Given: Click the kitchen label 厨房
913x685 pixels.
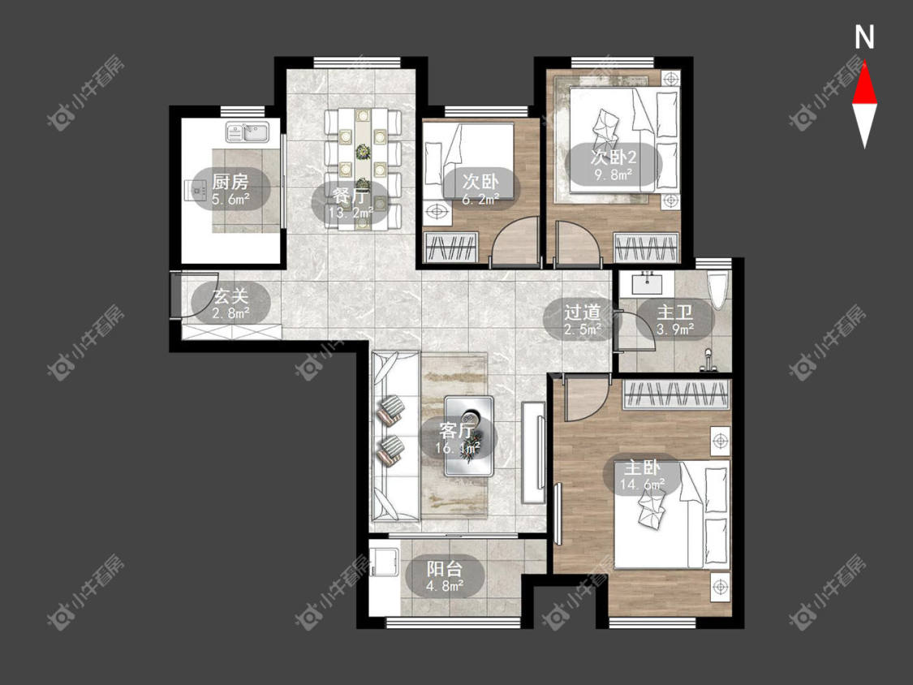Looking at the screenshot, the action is (x=230, y=181).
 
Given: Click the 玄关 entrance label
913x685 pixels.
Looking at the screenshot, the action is (x=230, y=296).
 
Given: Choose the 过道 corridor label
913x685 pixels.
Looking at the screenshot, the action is (x=582, y=312).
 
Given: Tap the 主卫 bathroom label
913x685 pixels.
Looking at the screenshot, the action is (x=675, y=312).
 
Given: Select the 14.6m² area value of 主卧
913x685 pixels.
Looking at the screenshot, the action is (x=642, y=484).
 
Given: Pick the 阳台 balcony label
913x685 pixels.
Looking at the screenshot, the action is (x=444, y=568).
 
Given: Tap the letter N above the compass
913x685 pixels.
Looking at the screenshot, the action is (x=864, y=37).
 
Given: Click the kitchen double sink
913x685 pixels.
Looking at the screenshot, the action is (x=247, y=131).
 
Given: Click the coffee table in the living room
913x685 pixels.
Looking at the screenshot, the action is (x=469, y=436).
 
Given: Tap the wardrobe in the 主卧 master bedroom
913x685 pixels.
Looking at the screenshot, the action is (x=677, y=394).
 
